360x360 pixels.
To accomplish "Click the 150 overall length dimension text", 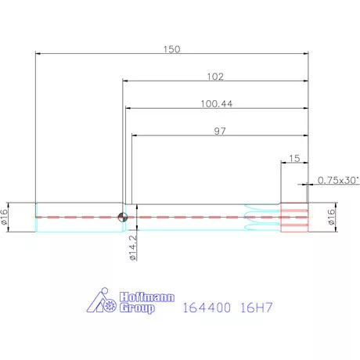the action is pyautogui.click(x=171, y=49).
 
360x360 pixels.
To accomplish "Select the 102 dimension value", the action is pyautogui.click(x=215, y=77).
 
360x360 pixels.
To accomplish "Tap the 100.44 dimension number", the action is pyautogui.click(x=217, y=104).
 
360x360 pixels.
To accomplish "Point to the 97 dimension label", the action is pyautogui.click(x=220, y=131).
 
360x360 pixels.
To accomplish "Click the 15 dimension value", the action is pyautogui.click(x=294, y=158).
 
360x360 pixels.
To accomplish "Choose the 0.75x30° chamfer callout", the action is pyautogui.click(x=338, y=180).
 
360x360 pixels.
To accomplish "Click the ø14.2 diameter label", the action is pyautogui.click(x=133, y=247).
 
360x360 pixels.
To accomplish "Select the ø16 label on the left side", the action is pyautogui.click(x=5, y=217).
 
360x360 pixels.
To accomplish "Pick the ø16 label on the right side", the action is pyautogui.click(x=331, y=217).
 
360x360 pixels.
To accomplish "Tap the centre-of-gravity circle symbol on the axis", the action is pyautogui.click(x=123, y=217).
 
